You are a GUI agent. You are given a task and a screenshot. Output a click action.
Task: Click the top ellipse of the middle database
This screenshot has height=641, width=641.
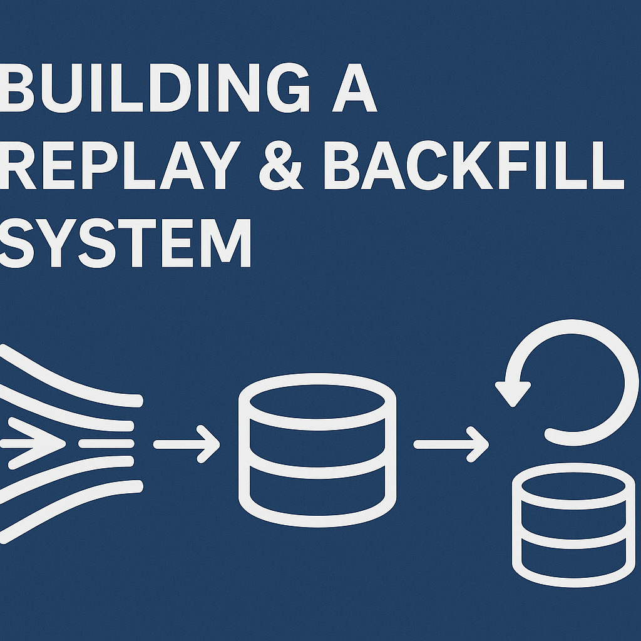click(x=317, y=397)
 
